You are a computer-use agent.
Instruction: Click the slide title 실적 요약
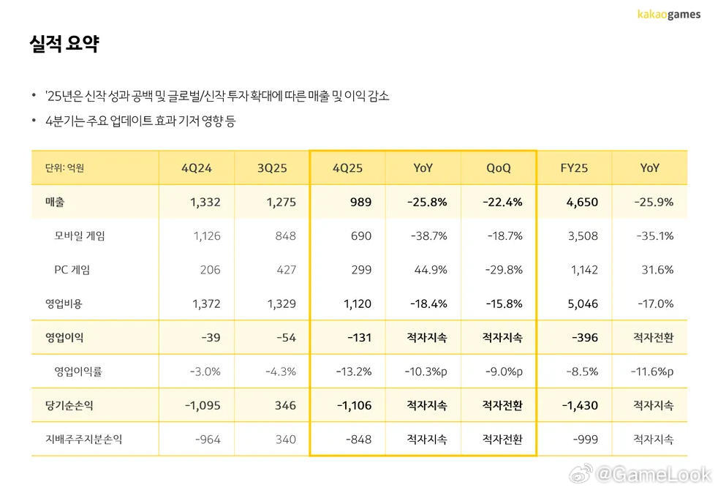coord(64,44)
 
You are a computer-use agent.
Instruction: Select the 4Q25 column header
coord(347,167)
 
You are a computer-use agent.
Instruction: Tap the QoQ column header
coord(499,167)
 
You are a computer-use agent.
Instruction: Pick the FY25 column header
coord(575,167)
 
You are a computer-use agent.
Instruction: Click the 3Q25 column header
coord(272,167)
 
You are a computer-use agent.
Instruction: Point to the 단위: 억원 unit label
coord(59,168)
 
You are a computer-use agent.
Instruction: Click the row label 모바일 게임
coord(80,235)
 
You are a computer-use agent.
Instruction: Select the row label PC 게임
coord(72,270)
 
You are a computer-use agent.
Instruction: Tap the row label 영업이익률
coord(78,372)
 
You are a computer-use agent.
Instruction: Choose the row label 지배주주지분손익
coord(84,440)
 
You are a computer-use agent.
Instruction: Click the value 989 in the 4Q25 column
coord(360,202)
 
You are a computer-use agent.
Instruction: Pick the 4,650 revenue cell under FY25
coord(583,202)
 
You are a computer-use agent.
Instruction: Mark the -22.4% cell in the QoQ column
coord(502,202)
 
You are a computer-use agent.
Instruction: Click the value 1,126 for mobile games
coord(206,235)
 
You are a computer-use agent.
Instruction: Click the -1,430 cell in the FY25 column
coord(581,405)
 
